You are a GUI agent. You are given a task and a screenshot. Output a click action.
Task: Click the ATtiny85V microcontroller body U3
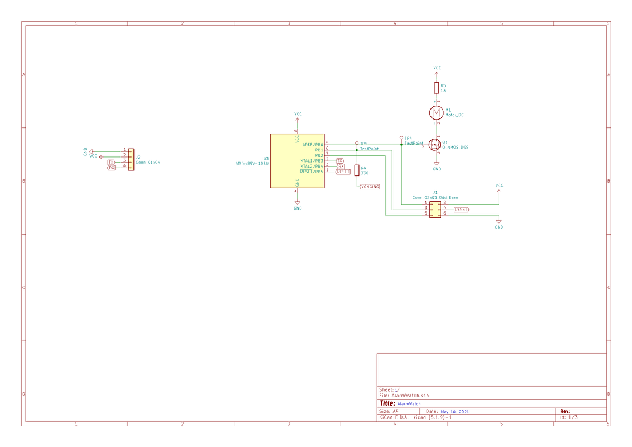coord(297,161)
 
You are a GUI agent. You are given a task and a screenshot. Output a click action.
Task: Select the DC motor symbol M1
coord(436,113)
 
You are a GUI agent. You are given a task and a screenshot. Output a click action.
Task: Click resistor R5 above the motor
coord(437,88)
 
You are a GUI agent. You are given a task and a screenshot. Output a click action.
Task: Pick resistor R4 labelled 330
coord(357,170)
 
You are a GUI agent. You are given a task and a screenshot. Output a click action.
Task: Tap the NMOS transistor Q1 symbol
coord(435,145)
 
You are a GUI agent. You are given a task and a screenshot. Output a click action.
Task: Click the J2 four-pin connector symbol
coord(131,159)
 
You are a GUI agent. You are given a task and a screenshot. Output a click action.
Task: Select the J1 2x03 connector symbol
coord(435,209)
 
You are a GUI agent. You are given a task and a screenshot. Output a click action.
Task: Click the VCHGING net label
coord(370,187)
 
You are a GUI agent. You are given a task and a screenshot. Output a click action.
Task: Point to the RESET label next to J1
coord(461,210)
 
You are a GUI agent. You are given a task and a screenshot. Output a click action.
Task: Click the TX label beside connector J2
coord(111,162)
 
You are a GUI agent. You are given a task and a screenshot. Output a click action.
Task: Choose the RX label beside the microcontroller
coord(341,167)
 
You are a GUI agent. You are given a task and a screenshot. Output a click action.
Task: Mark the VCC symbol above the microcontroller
coord(298,117)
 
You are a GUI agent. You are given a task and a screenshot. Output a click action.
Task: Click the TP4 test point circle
coord(401,137)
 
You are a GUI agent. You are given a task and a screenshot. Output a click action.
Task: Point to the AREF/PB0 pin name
coord(312,145)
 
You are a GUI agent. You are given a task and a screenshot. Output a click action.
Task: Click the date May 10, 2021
coord(455,412)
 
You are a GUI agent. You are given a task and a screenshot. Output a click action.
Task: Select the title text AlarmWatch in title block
coord(409,403)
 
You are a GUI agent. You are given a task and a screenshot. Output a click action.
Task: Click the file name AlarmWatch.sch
coord(410,396)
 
